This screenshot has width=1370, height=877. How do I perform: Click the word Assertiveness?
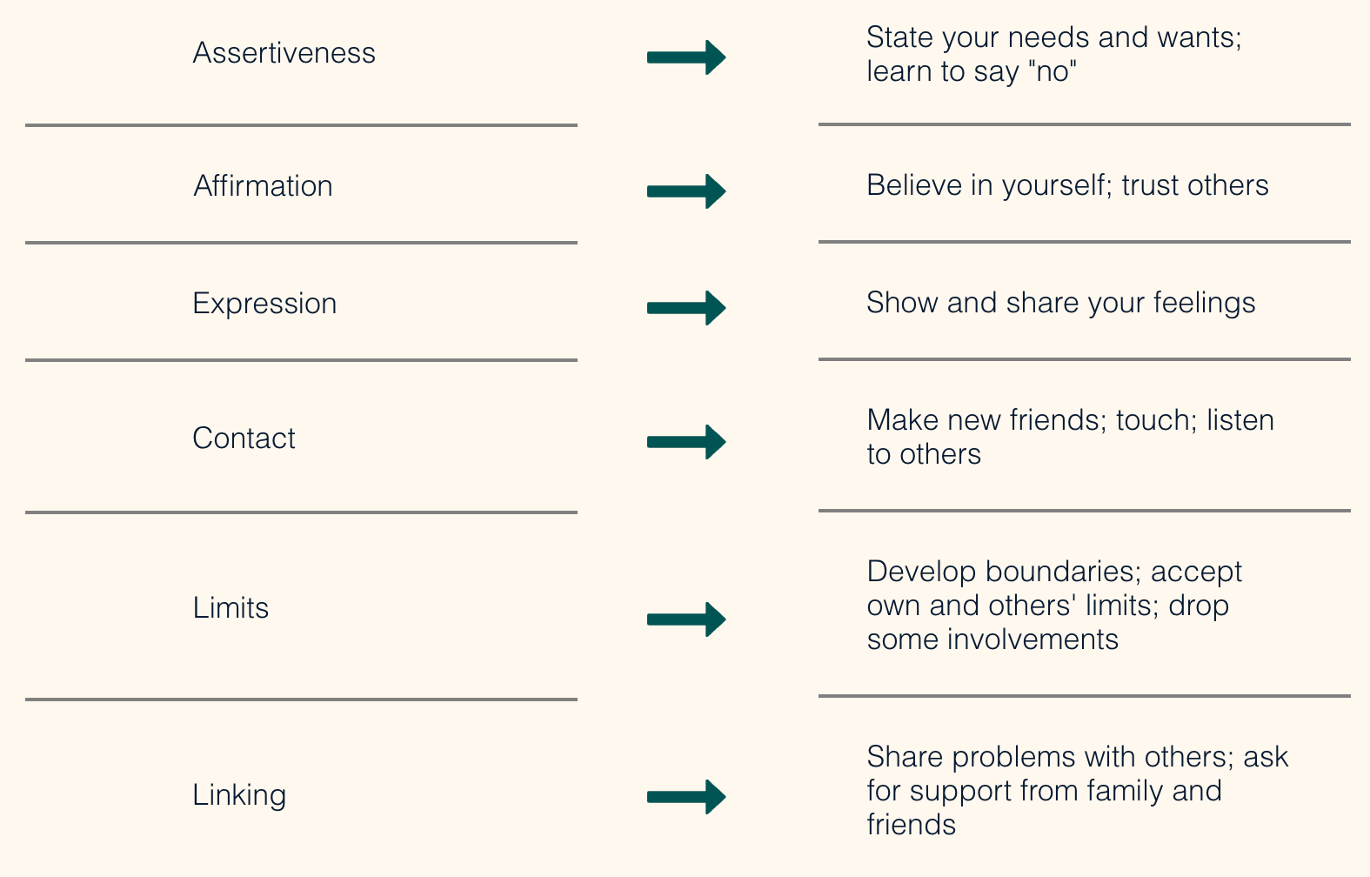284,52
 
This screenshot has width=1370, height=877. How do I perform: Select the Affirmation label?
263,185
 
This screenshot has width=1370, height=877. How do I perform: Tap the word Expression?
264,304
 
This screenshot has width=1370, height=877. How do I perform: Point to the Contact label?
244,438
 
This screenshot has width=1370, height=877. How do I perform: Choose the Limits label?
231,607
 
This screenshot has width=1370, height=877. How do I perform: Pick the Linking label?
239,795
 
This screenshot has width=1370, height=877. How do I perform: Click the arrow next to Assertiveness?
686,57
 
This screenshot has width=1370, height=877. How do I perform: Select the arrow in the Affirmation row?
686,191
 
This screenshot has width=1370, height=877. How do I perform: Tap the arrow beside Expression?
686,308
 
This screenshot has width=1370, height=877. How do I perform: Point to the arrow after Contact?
686,442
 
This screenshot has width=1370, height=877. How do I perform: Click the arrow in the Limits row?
686,619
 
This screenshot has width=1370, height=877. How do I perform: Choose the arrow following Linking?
686,796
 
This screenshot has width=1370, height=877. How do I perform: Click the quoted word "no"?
1052,71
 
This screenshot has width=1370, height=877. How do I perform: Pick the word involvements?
1033,639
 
